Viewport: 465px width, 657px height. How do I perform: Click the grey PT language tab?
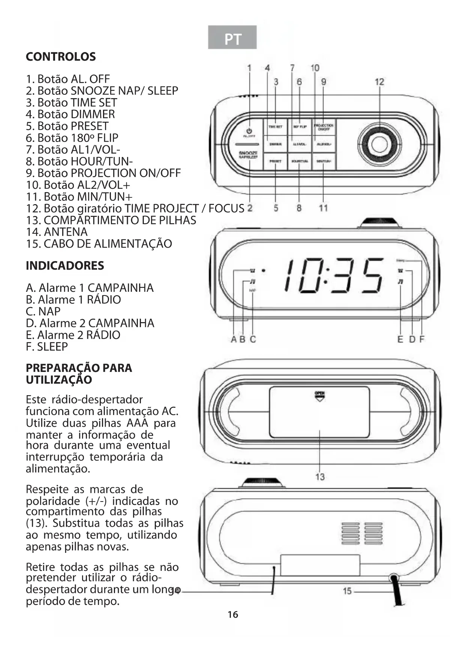(232, 37)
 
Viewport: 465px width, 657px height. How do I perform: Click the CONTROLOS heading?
(61, 57)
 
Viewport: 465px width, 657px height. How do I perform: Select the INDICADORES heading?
(65, 266)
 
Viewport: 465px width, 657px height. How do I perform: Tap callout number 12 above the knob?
(379, 82)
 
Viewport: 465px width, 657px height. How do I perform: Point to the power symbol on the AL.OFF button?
(249, 131)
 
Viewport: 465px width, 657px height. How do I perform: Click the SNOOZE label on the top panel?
(248, 153)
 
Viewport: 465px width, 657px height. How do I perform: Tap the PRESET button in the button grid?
(275, 161)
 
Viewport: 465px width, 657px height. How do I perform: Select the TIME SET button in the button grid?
(275, 127)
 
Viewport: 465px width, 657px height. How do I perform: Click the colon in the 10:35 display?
(326, 275)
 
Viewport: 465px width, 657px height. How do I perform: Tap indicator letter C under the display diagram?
(253, 339)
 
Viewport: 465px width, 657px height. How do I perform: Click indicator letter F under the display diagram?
(422, 339)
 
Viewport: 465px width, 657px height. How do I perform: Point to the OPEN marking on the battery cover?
(320, 393)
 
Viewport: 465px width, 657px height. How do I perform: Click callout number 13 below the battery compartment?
(320, 477)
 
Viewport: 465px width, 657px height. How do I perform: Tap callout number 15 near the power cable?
(347, 591)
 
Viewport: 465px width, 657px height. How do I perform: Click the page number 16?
(233, 615)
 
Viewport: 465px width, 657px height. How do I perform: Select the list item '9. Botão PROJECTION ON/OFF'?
(103, 173)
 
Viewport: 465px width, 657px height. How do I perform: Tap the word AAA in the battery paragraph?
(138, 423)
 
